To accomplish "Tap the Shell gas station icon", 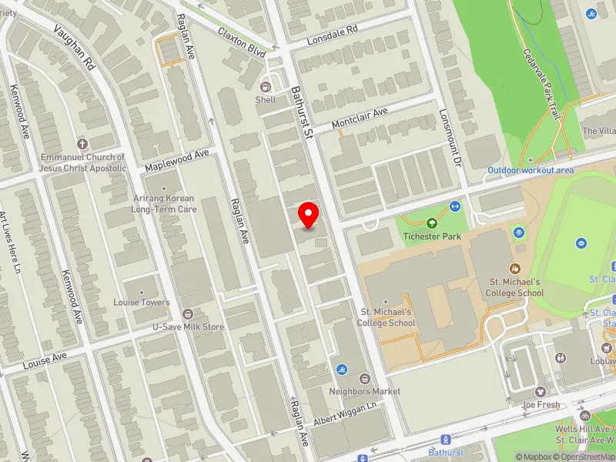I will (x=266, y=87).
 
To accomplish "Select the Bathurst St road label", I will (x=300, y=112).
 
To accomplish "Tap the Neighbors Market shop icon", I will (x=364, y=379).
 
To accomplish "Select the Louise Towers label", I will (x=142, y=303).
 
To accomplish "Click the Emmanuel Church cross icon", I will (x=82, y=144).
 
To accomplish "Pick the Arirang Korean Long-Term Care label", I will (x=164, y=203).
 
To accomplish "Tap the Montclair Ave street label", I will (x=359, y=118).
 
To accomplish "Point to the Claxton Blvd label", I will (x=241, y=43).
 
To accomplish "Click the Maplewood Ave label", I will (x=177, y=160).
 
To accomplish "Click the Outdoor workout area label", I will (x=531, y=169).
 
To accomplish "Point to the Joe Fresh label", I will (x=540, y=404).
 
